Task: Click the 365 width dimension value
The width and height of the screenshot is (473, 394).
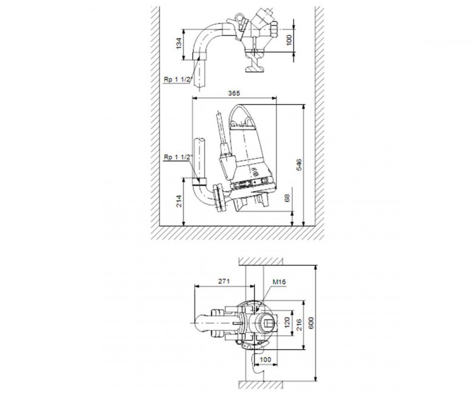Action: click(234, 93)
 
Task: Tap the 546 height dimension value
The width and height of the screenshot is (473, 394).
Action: click(299, 165)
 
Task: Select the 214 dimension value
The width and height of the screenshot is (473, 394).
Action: click(179, 201)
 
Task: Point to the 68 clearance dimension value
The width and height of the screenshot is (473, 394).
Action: click(287, 198)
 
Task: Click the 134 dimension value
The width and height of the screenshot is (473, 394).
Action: click(179, 43)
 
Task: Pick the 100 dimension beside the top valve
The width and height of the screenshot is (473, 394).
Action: click(289, 40)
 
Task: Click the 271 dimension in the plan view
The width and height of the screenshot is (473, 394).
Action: click(224, 281)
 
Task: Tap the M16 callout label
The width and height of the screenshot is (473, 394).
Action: click(279, 282)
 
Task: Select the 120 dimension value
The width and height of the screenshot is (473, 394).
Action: click(287, 322)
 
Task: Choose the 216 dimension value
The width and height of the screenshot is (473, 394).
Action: click(299, 325)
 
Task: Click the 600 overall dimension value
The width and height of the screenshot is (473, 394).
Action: click(311, 322)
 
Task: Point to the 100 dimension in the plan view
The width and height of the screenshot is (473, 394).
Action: click(266, 359)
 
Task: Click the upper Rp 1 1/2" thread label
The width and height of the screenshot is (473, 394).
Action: click(178, 79)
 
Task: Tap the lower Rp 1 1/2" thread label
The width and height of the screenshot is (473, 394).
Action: click(178, 157)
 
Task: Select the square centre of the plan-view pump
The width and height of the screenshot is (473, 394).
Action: click(268, 324)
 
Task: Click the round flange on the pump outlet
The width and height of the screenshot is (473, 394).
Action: click(220, 198)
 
